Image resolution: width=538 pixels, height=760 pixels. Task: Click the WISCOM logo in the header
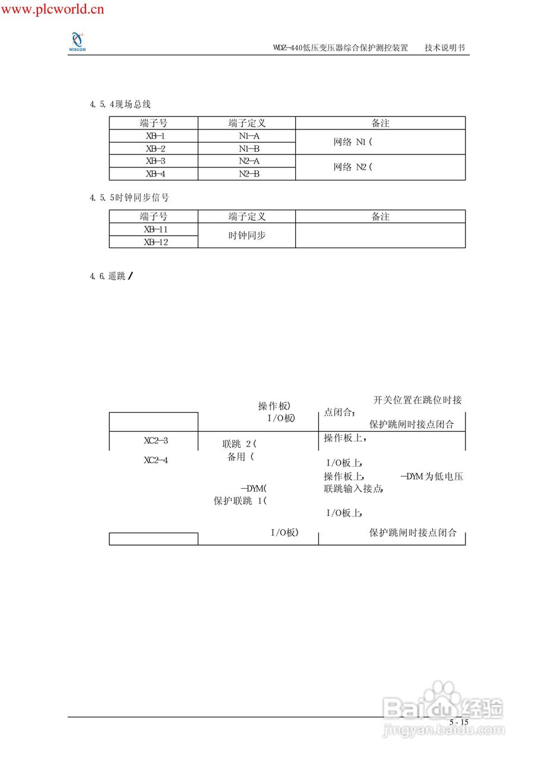(x=77, y=42)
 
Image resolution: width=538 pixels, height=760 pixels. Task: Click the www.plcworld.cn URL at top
(x=53, y=9)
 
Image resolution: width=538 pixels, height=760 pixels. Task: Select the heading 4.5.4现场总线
(x=121, y=104)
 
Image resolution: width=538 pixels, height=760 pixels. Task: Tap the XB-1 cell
(x=154, y=136)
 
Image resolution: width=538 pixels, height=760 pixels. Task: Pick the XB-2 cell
(x=154, y=148)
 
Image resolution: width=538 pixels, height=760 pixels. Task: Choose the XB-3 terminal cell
(x=154, y=161)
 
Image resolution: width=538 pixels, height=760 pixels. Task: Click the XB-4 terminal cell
(x=154, y=174)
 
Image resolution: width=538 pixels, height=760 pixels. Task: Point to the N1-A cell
(x=247, y=136)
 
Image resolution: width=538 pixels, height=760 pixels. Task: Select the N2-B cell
(x=247, y=174)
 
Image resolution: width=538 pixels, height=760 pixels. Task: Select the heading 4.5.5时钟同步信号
(x=129, y=198)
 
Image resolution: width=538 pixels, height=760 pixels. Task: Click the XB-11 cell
(x=154, y=229)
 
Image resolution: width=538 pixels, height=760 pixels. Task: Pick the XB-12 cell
(x=154, y=242)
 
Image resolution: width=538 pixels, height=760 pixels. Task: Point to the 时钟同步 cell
(x=247, y=236)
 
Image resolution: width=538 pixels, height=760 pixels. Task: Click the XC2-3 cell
(x=156, y=441)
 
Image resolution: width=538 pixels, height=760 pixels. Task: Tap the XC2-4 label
(x=156, y=460)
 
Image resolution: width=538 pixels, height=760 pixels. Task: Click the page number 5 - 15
(x=458, y=722)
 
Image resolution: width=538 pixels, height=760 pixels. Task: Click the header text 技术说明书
(x=445, y=48)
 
